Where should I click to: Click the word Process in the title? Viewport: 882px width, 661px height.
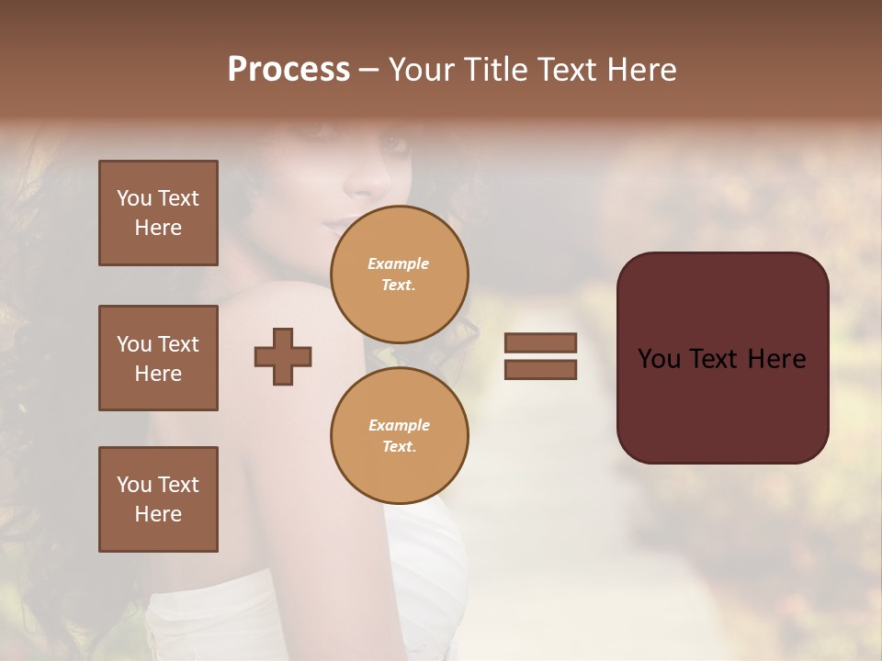(288, 70)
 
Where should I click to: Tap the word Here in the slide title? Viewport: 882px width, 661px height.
(640, 70)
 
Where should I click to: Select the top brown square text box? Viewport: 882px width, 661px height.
(158, 213)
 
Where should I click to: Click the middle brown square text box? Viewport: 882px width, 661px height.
(158, 358)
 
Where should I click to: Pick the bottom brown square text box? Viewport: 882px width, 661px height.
(158, 499)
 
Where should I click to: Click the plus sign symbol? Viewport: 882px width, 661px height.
(283, 356)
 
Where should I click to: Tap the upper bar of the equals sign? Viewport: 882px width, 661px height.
(540, 342)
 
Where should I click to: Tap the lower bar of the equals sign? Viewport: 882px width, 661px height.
(540, 370)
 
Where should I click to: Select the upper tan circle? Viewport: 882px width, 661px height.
(399, 274)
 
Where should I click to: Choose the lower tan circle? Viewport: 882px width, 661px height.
(399, 436)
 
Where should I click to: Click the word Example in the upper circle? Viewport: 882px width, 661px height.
(399, 263)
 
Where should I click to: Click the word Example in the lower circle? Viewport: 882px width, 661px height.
(399, 425)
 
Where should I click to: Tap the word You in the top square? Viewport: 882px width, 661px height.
(133, 198)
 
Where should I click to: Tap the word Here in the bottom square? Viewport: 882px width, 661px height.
(158, 514)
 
